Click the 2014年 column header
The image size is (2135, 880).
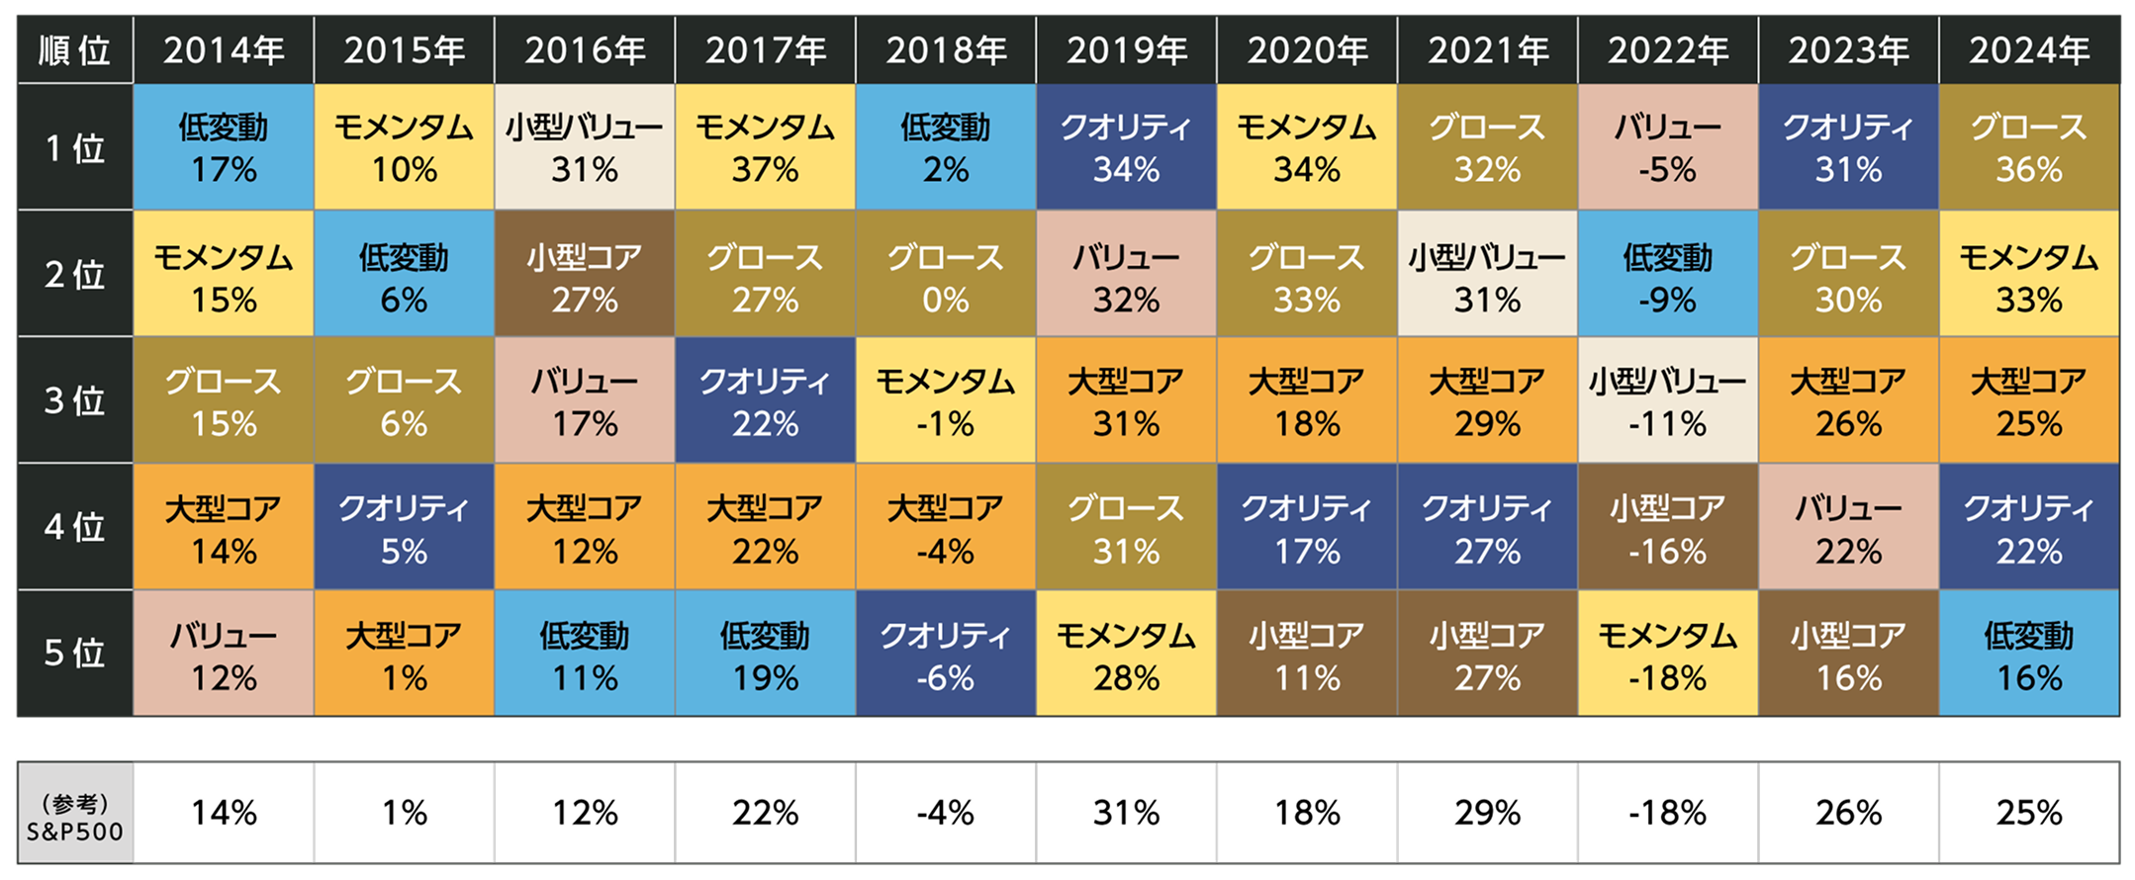[x=224, y=49]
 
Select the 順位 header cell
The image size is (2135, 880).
[x=75, y=49]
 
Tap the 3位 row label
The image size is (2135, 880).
[x=75, y=400]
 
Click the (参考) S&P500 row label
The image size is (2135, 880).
[x=75, y=817]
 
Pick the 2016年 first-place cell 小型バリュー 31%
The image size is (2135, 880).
[x=585, y=147]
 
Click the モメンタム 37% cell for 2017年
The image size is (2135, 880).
[x=765, y=147]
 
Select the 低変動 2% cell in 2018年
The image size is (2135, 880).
[x=946, y=147]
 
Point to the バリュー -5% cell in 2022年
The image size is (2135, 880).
[x=1668, y=147]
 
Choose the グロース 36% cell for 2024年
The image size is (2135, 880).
[x=2029, y=147]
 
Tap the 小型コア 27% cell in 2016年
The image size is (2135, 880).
[x=585, y=274]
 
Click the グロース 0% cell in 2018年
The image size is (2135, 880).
[x=946, y=274]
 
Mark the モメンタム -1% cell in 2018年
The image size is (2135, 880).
[x=946, y=400]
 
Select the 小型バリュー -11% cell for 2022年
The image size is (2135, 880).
[x=1668, y=400]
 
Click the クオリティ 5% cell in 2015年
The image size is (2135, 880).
[x=404, y=527]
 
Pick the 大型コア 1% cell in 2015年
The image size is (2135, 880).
[x=404, y=654]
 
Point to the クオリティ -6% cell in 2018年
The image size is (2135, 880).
[x=946, y=654]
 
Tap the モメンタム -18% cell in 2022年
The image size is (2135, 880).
[x=1668, y=654]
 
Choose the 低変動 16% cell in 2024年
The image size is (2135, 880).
[x=2029, y=654]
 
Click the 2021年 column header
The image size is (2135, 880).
[x=1488, y=49]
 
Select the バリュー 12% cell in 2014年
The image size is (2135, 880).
[x=224, y=654]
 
